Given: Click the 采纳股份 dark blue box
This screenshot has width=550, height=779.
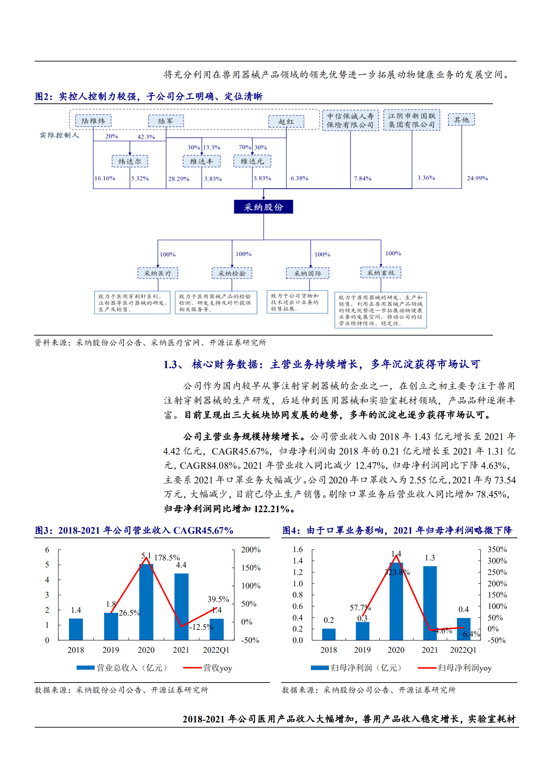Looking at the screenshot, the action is pyautogui.click(x=263, y=207).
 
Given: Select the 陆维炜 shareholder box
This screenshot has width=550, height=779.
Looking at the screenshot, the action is pyautogui.click(x=93, y=121).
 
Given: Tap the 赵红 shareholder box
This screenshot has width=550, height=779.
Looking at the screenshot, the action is pyautogui.click(x=286, y=121).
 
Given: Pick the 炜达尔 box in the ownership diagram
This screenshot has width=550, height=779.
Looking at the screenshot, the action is pyautogui.click(x=130, y=161).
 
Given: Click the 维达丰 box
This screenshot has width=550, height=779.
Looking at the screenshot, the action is pyautogui.click(x=201, y=161).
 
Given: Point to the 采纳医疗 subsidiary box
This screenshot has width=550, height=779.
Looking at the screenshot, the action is pyautogui.click(x=158, y=273).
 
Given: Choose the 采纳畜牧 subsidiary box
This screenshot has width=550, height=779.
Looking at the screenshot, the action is pyautogui.click(x=381, y=273).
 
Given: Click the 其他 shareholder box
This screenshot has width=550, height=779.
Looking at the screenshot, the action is pyautogui.click(x=461, y=120).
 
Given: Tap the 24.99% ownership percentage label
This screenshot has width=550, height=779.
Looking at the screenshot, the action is pyautogui.click(x=477, y=178).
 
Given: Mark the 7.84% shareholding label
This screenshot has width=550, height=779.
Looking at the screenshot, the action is pyautogui.click(x=363, y=178).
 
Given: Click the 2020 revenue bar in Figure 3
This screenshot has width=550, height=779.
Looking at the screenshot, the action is pyautogui.click(x=146, y=602).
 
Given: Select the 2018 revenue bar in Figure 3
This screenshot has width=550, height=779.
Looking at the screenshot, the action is pyautogui.click(x=76, y=629).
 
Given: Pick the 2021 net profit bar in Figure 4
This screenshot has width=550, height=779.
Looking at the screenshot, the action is pyautogui.click(x=430, y=603).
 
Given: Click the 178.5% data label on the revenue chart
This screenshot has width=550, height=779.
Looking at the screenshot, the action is pyautogui.click(x=167, y=558).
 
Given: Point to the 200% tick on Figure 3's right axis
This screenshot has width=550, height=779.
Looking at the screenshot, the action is pyautogui.click(x=251, y=550).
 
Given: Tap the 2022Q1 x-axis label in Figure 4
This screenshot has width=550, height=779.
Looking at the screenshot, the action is pyautogui.click(x=463, y=650).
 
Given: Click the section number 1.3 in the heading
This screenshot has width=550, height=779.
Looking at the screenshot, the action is pyautogui.click(x=171, y=364).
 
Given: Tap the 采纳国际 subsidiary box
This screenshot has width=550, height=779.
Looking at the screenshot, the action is pyautogui.click(x=307, y=273).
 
